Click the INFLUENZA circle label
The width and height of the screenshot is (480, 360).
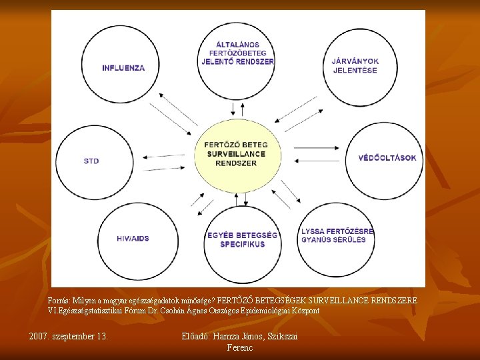(x=123, y=67)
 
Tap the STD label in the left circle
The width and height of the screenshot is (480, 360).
(x=91, y=161)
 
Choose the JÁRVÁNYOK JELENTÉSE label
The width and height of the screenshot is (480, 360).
(x=355, y=65)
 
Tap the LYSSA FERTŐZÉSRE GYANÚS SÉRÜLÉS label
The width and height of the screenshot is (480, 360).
(x=337, y=235)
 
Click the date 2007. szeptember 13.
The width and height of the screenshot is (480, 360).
(x=69, y=336)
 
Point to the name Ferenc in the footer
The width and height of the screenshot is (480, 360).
(x=240, y=347)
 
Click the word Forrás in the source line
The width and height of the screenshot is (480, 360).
(x=58, y=301)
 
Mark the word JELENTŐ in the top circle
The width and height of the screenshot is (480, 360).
(x=219, y=61)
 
